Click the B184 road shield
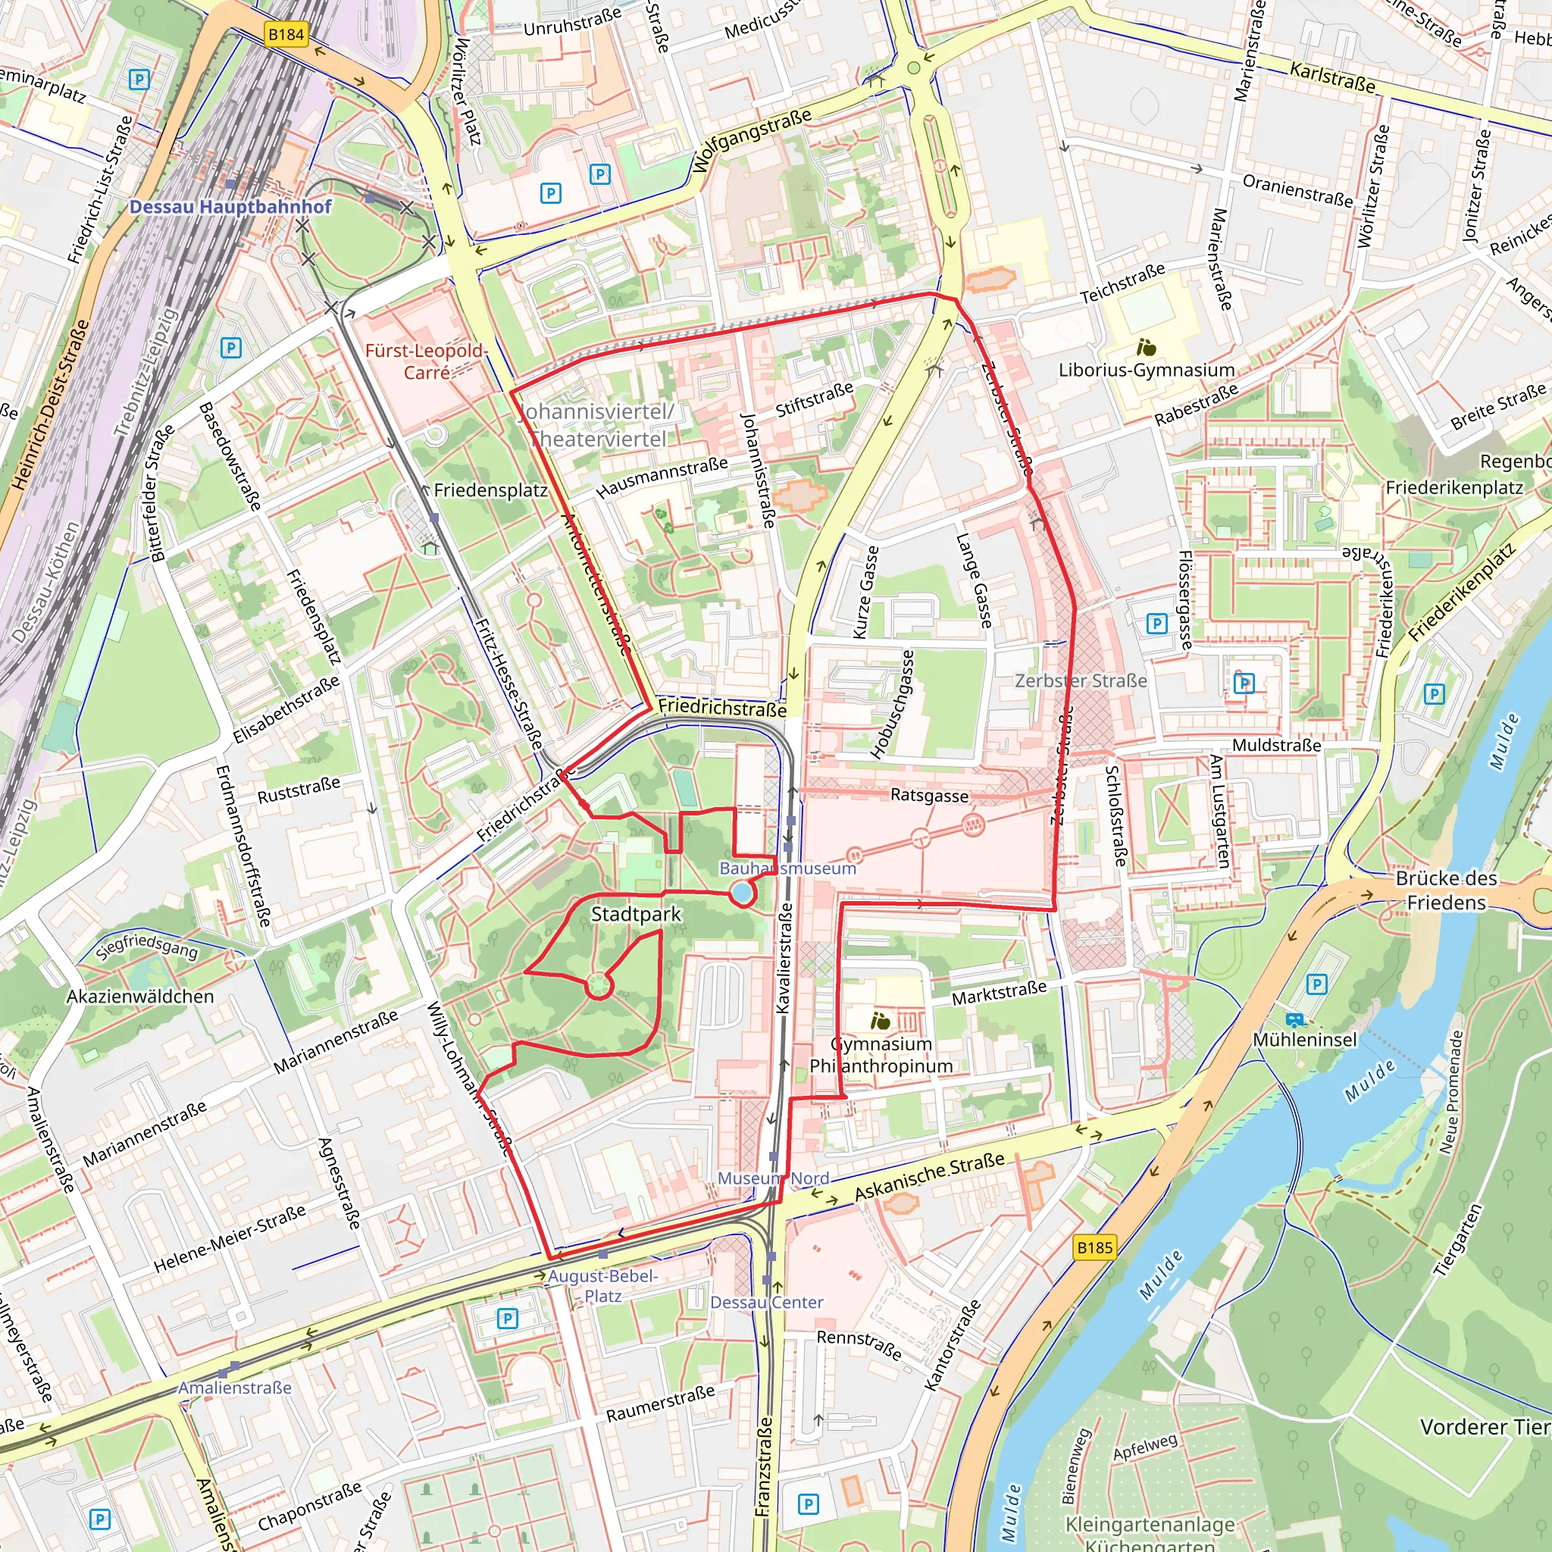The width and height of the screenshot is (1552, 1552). [x=286, y=35]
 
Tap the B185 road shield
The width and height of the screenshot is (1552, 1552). [x=1095, y=1247]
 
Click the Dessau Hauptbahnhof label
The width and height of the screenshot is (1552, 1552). [x=230, y=206]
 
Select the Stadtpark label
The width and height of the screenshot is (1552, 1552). [x=635, y=914]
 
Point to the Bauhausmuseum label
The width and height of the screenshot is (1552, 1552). [x=787, y=868]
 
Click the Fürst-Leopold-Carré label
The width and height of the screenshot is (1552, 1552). [x=425, y=361]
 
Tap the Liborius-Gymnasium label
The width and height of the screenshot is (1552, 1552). [x=1147, y=371]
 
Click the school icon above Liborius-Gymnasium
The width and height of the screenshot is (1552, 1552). [x=1147, y=348]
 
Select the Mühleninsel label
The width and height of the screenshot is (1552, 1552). [x=1305, y=1040]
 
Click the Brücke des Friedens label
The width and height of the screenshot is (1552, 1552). [x=1446, y=890]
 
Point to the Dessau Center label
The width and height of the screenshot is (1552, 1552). [x=766, y=1302]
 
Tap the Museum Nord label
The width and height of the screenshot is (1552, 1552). [x=773, y=1178]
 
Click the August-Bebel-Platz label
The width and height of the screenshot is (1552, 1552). [x=602, y=1285]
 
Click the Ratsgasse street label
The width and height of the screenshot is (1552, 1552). [x=928, y=795]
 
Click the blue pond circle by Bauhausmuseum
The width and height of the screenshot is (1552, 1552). [x=741, y=893]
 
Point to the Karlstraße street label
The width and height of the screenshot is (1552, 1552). [x=1332, y=77]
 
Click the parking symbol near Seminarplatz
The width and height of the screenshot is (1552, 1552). [x=139, y=80]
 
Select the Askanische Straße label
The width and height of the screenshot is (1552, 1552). [x=928, y=1177]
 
